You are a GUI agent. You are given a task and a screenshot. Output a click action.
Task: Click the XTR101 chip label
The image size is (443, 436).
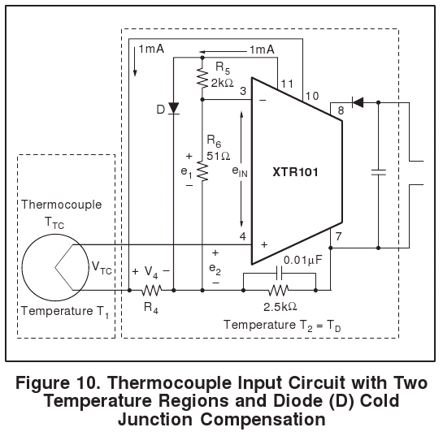(x=295, y=172)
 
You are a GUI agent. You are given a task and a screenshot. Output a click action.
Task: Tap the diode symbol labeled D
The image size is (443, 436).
(x=173, y=108)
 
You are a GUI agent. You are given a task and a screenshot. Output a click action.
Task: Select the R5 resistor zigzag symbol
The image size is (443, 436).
(x=202, y=78)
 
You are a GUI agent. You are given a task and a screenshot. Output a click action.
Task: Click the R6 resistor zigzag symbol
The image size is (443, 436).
(x=202, y=171)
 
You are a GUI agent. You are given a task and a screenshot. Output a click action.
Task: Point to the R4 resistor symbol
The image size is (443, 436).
(x=151, y=290)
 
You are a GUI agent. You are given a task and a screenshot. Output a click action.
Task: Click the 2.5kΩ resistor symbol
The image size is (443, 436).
(x=279, y=290)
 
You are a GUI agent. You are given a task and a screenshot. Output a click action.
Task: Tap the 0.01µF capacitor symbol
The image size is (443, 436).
(x=279, y=273)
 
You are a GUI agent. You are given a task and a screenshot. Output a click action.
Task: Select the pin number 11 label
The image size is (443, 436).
(x=287, y=84)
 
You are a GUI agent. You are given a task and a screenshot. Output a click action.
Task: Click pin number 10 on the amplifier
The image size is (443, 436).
(x=312, y=97)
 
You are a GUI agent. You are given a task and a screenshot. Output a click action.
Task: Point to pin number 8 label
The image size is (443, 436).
(x=341, y=110)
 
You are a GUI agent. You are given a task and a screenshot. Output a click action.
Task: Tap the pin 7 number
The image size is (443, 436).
(x=338, y=236)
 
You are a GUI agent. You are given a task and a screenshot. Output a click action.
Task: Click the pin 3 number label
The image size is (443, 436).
(x=243, y=91)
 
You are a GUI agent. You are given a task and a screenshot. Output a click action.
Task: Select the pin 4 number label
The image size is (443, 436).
(x=243, y=236)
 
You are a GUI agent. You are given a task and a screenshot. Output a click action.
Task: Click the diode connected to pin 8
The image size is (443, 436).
(x=358, y=102)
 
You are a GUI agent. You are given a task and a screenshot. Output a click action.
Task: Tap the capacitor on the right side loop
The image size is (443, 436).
(x=378, y=172)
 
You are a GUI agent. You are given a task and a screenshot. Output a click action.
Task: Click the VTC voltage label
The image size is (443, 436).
(x=102, y=267)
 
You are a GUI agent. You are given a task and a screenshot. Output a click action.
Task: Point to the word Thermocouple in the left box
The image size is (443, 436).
(x=62, y=205)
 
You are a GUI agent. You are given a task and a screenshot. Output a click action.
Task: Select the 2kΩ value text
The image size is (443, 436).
(x=223, y=83)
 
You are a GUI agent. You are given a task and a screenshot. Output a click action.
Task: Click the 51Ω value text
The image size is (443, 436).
(x=219, y=156)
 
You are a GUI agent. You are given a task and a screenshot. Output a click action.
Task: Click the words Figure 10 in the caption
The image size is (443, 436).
(x=57, y=383)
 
